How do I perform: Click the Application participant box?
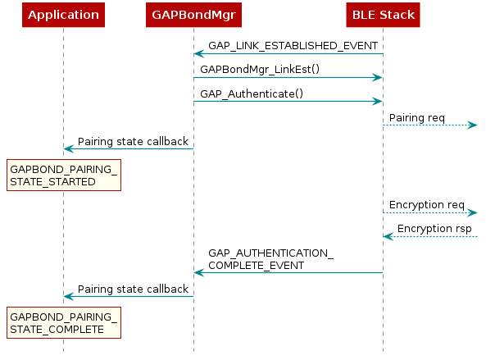[63, 15]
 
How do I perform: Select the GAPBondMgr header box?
[193, 15]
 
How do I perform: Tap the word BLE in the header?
[364, 15]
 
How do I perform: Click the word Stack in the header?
[397, 15]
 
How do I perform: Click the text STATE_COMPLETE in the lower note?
[57, 329]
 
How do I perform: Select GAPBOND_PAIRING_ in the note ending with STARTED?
[63, 169]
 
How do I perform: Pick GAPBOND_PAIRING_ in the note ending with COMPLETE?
[63, 317]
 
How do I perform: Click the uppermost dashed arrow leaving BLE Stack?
[430, 125]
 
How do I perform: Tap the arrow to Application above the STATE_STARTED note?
[129, 148]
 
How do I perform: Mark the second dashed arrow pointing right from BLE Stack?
[430, 213]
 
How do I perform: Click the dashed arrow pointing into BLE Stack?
[430, 237]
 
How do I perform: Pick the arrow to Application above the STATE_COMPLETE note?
[129, 296]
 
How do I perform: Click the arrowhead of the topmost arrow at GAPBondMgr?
[199, 54]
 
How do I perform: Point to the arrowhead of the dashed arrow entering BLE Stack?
[388, 237]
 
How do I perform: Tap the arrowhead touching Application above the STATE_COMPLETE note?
[69, 296]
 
